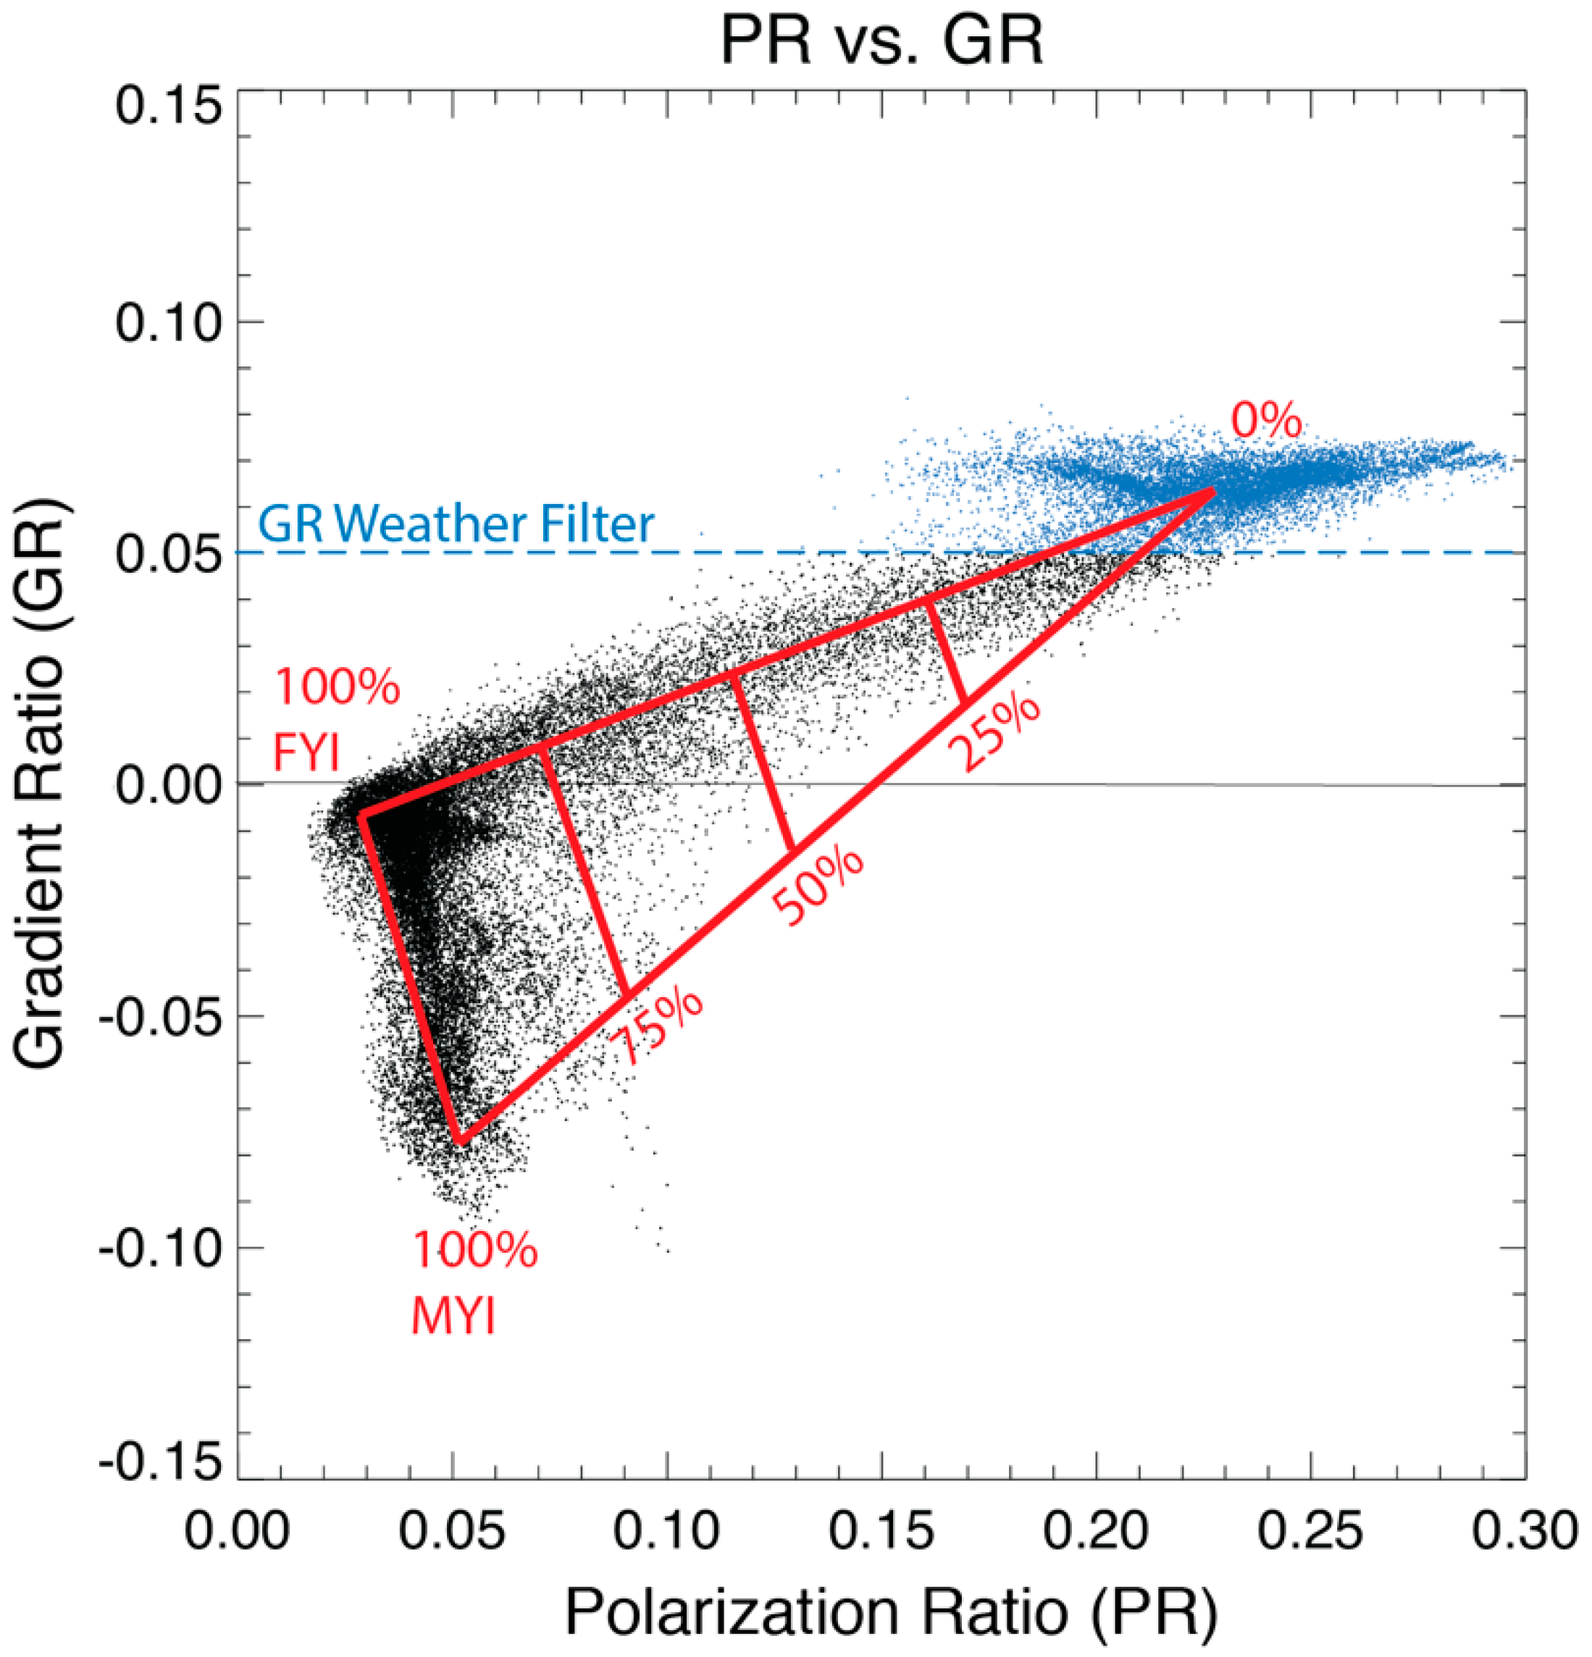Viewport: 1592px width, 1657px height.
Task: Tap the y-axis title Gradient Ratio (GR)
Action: (41, 784)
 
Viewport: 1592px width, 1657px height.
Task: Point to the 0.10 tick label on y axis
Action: (168, 323)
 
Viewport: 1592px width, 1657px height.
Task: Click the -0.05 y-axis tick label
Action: (160, 1017)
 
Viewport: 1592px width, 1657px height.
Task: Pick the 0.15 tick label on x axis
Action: (881, 1531)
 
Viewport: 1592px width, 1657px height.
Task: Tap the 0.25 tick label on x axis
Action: (1310, 1531)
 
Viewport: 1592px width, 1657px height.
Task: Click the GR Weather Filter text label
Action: (456, 524)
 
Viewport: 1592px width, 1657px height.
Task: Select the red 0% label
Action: (1265, 420)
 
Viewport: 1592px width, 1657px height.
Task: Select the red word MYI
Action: (453, 1317)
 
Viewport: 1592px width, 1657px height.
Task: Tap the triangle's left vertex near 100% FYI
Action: (362, 815)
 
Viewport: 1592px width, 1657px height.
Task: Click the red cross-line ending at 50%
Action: (762, 761)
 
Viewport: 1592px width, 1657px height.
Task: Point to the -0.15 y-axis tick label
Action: (160, 1463)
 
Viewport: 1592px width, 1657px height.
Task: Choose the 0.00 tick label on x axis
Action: (238, 1531)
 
